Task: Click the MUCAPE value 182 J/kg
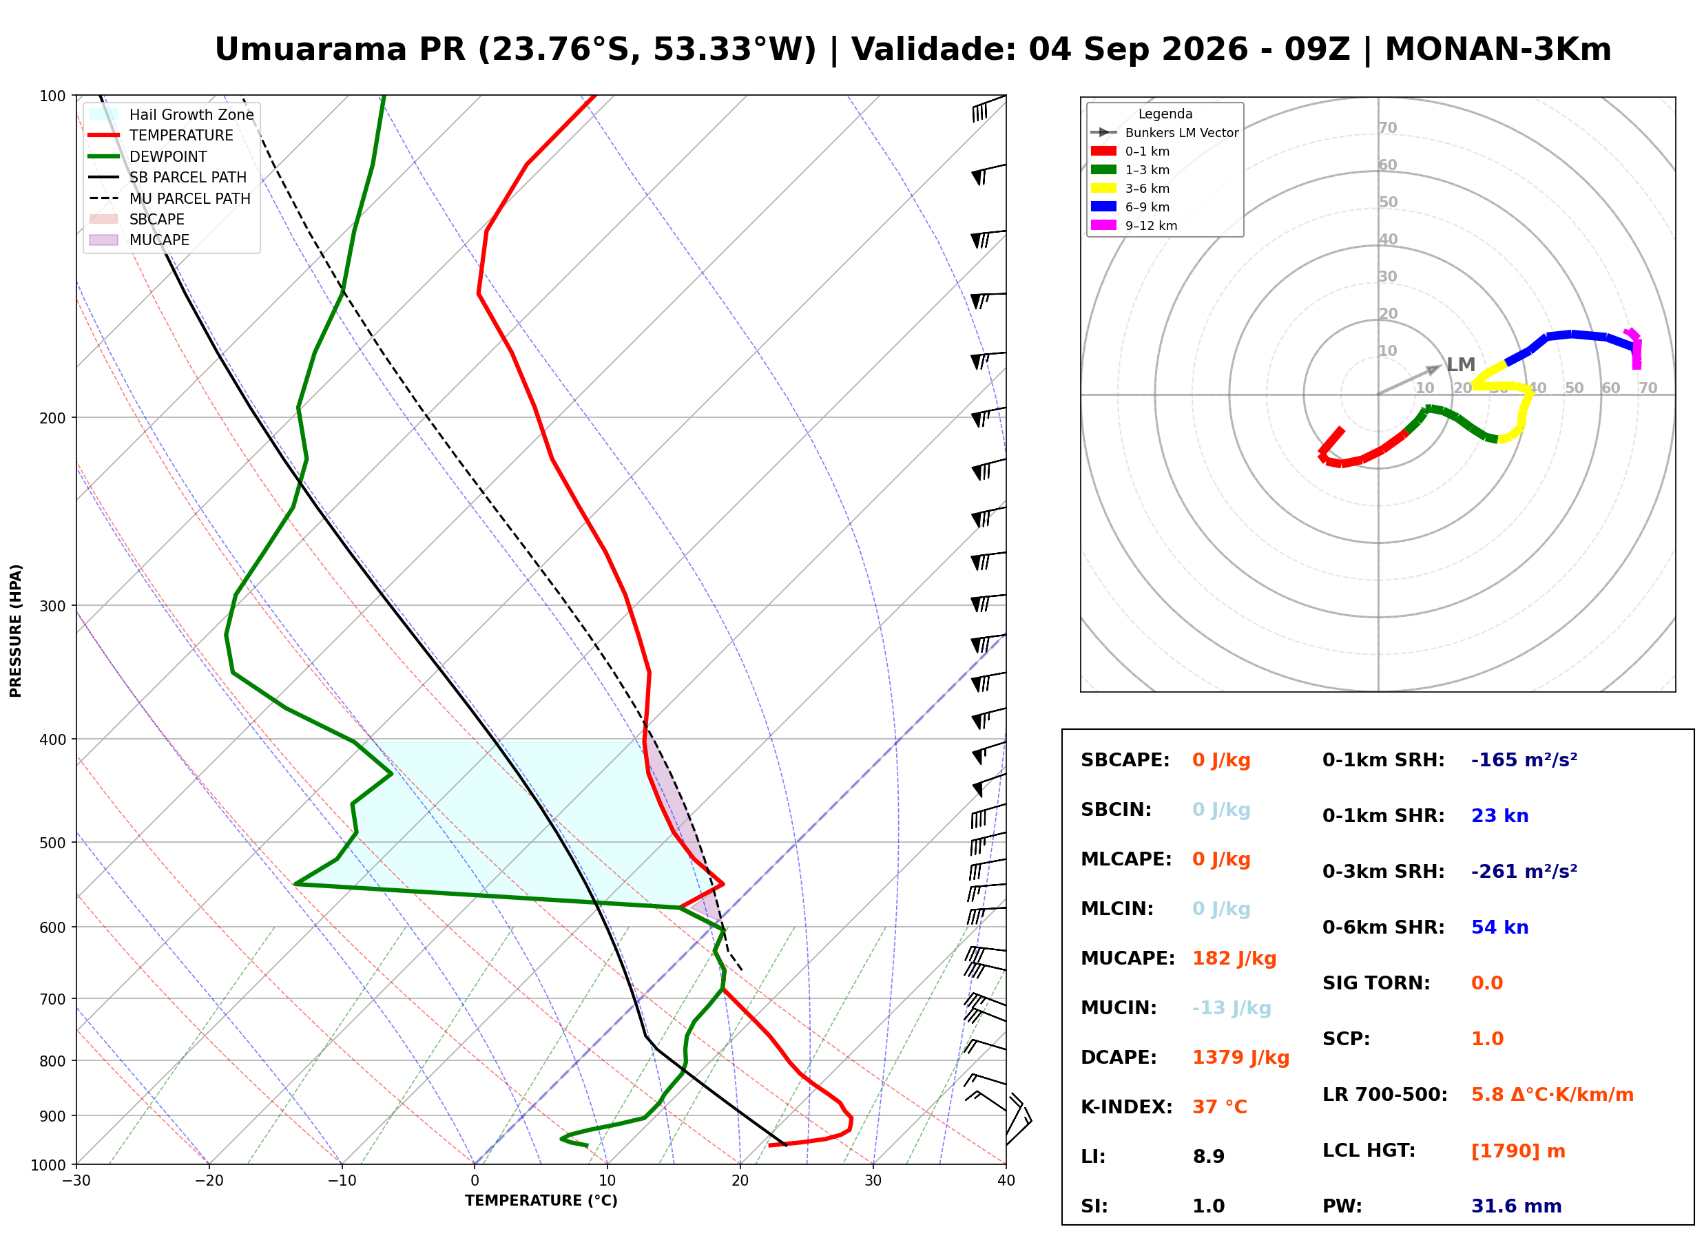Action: [1234, 958]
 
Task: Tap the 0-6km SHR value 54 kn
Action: [1499, 927]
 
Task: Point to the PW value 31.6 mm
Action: [1517, 1206]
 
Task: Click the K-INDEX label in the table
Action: [1127, 1106]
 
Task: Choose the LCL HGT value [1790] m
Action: [1518, 1151]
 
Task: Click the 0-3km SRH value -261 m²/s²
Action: [1524, 871]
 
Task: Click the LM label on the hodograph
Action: [1461, 365]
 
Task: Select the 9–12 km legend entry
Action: [1134, 226]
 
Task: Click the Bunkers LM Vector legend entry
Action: [1165, 133]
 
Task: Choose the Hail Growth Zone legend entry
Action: [172, 114]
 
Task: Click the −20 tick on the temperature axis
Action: [209, 1181]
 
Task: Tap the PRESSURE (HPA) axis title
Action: [16, 631]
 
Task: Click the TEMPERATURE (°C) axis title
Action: [541, 1201]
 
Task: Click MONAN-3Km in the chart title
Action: [1498, 50]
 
